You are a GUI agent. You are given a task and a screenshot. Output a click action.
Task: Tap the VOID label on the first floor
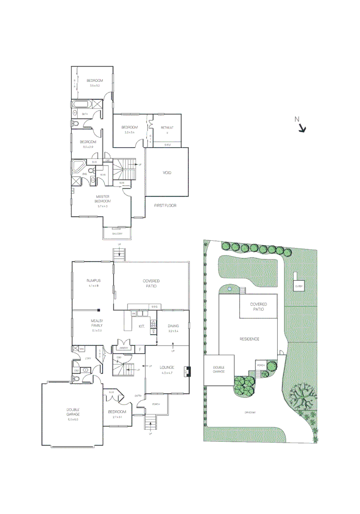(x=167, y=173)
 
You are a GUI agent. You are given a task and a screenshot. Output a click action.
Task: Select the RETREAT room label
(x=167, y=128)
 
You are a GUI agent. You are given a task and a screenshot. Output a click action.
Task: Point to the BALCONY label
(x=118, y=234)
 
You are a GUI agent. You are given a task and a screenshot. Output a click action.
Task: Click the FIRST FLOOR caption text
(x=165, y=206)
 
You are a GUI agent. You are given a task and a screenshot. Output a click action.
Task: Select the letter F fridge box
(x=140, y=350)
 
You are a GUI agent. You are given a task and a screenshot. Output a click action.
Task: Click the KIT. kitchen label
(x=141, y=326)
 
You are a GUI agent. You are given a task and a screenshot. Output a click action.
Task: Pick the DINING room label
(x=173, y=326)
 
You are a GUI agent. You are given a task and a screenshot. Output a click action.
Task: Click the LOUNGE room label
(x=167, y=367)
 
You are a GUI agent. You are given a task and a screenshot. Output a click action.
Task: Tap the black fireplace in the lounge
(x=188, y=370)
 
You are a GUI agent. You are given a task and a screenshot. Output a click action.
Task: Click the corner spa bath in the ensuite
(x=78, y=167)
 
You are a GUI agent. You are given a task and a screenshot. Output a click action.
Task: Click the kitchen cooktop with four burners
(x=153, y=324)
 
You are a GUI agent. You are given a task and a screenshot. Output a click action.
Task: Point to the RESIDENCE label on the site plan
(x=249, y=339)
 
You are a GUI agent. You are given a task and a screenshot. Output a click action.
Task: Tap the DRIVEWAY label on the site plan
(x=250, y=412)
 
